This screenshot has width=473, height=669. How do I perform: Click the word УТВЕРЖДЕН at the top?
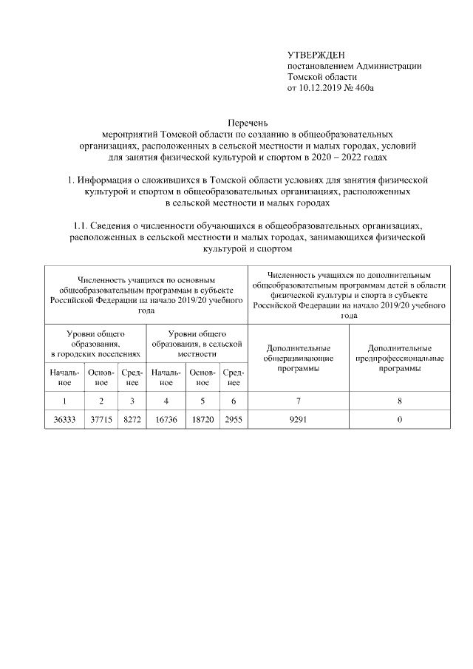coord(316,55)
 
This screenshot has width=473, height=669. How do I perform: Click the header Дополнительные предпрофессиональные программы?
coord(399,358)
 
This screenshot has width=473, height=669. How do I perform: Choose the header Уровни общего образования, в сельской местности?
coord(197,344)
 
